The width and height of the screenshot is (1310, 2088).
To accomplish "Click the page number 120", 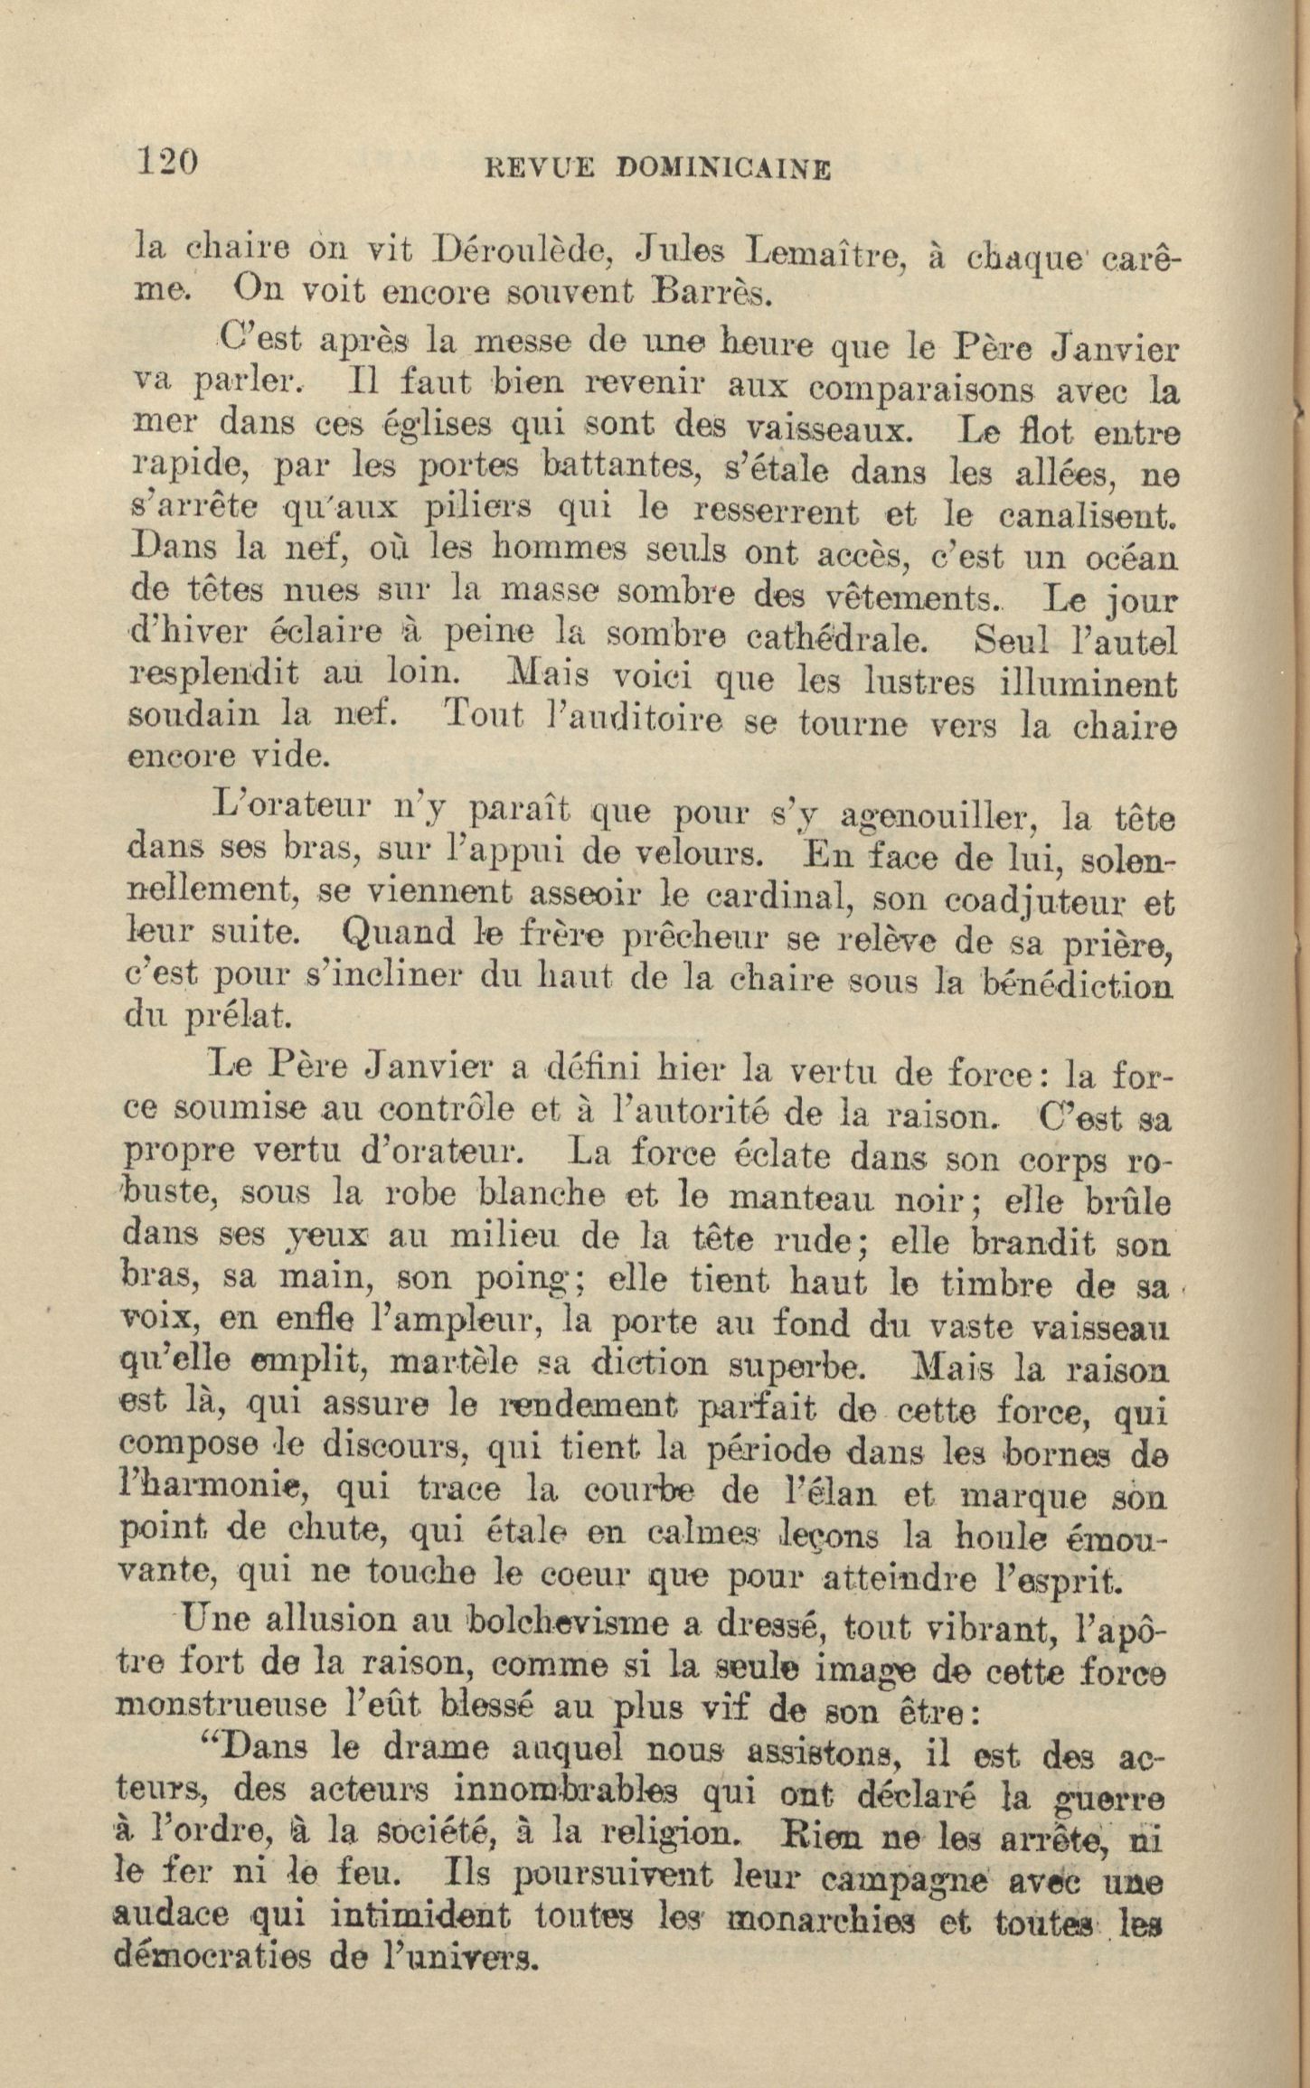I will click(166, 160).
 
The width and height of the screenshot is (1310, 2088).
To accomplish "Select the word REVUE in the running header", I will click(540, 168).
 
